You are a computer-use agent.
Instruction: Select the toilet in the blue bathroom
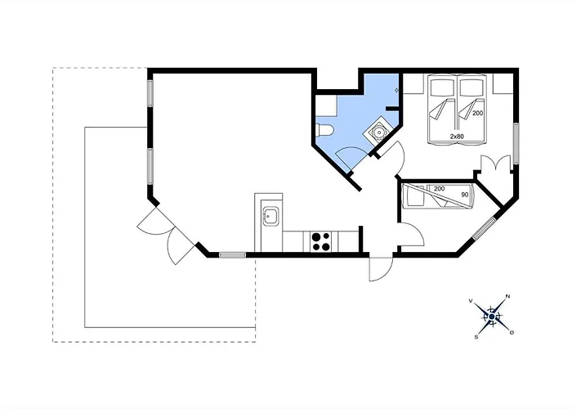324,131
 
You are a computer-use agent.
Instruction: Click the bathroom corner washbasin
380,131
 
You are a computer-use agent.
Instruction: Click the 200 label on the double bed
477,113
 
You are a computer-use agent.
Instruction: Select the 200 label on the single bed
440,189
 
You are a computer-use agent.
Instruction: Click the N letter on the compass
508,296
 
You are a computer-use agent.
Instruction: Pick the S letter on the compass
476,335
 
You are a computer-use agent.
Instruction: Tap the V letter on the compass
471,301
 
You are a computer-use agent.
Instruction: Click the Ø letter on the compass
512,332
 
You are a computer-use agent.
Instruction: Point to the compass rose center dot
491,316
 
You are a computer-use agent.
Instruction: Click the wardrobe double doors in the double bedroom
494,164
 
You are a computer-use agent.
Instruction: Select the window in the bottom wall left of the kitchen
232,254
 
